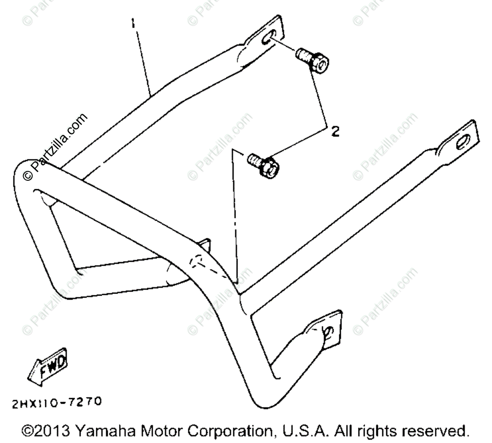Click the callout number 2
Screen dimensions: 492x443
[335, 132]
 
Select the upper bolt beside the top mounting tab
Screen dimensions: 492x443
[312, 60]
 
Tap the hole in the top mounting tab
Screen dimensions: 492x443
[269, 38]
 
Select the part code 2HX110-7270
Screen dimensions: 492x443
[57, 402]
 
